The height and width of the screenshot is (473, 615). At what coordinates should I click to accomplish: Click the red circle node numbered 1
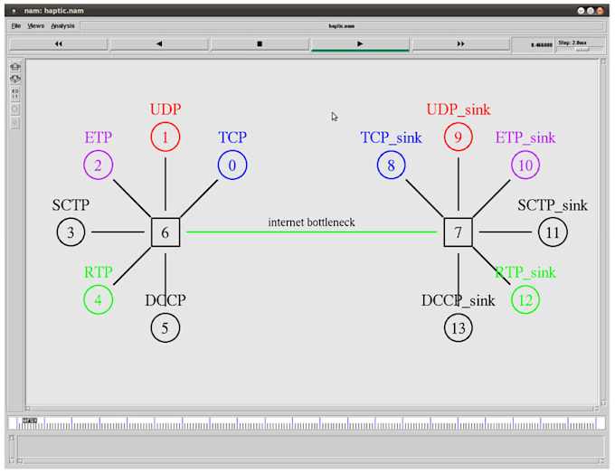tap(166, 137)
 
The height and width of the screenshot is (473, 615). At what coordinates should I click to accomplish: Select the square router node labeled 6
tap(166, 232)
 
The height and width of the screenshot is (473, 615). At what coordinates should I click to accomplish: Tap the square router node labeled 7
tap(459, 232)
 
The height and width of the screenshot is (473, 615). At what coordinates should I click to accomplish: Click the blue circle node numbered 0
tap(232, 166)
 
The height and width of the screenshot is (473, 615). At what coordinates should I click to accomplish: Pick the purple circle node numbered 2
tap(98, 166)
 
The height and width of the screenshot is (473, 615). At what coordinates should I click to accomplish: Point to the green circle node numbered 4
tap(98, 299)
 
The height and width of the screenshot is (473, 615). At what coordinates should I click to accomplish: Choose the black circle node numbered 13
tap(459, 327)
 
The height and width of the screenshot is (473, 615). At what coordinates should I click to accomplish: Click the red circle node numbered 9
tap(459, 137)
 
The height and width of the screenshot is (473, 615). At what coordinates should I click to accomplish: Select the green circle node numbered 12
tap(525, 299)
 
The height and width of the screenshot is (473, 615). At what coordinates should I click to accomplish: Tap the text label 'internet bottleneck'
tap(312, 222)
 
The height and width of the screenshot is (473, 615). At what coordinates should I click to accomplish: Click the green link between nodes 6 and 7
tap(312, 232)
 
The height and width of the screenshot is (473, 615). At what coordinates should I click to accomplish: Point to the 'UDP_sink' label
tap(459, 109)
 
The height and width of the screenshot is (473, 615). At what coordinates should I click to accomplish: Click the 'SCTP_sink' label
tap(552, 205)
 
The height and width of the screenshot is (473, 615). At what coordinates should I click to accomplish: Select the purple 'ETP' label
tap(98, 137)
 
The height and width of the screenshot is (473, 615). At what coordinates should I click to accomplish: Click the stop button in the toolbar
tap(260, 43)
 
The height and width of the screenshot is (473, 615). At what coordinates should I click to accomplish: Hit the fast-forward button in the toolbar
tap(460, 43)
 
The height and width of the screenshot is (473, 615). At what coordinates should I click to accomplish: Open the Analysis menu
tap(62, 26)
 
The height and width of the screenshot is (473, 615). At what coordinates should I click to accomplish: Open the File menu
tap(16, 26)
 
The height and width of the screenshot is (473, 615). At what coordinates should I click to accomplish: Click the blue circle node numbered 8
tap(391, 166)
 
